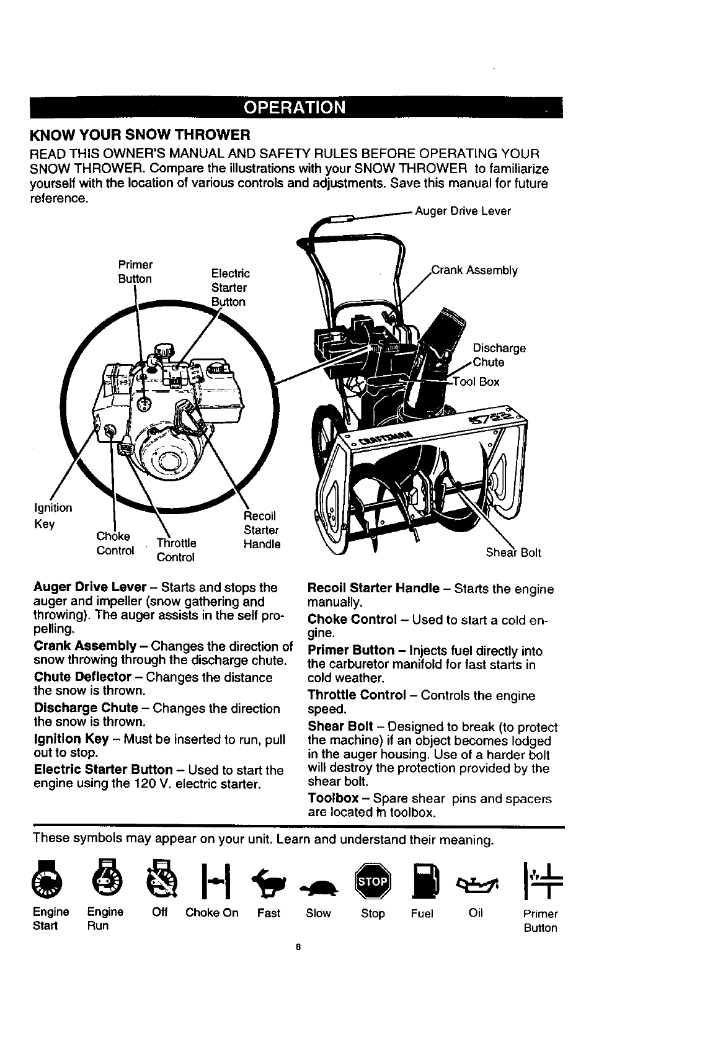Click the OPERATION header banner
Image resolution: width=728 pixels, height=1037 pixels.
coord(295,108)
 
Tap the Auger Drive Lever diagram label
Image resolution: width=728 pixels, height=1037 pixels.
coord(463,211)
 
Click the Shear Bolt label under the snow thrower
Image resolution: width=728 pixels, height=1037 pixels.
coord(513,553)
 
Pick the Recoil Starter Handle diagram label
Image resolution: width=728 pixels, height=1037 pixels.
coord(261,530)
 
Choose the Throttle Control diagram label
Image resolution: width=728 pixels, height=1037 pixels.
coord(176,550)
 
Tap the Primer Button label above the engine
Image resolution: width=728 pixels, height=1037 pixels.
coord(135,271)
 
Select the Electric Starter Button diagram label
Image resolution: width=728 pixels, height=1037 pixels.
coord(229,288)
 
